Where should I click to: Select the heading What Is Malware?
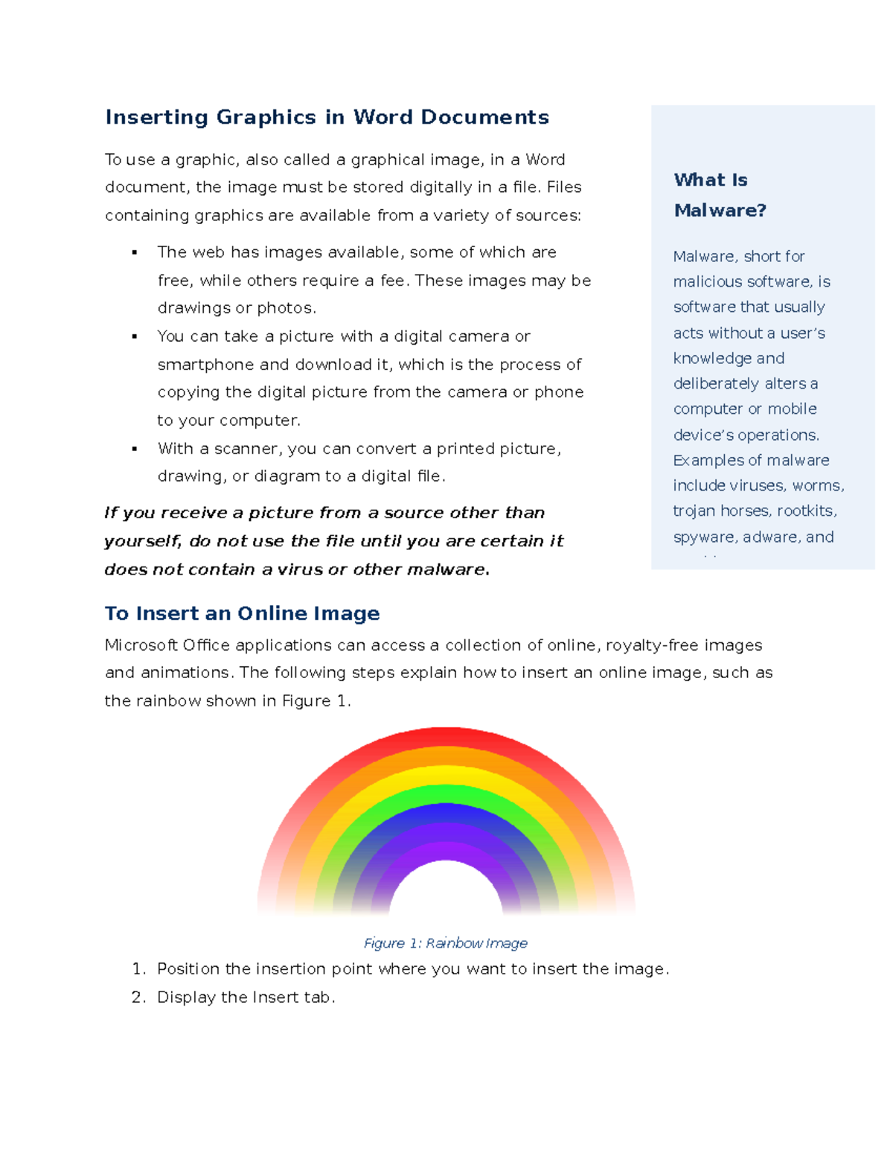click(719, 195)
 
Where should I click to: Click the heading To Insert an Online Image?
click(242, 613)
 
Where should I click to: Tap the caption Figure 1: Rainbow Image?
click(445, 943)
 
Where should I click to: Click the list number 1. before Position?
click(138, 969)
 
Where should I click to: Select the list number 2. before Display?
click(138, 997)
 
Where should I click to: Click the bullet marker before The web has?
click(135, 253)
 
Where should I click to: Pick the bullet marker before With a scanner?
click(135, 449)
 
